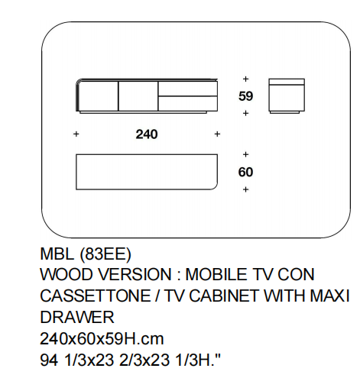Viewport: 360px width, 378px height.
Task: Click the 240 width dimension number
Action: pos(147,134)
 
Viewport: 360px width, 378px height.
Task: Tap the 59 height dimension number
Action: pos(245,96)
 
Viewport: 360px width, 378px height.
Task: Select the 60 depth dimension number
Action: pos(245,172)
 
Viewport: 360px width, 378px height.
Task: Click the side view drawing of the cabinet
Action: pos(287,95)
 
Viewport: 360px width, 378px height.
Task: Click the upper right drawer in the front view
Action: pos(188,89)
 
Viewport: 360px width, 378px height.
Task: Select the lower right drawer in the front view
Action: pos(188,103)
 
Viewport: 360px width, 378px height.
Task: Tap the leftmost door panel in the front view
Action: pos(99,96)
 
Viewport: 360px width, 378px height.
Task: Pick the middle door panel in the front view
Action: pos(138,96)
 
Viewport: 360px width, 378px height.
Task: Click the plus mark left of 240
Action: pos(76,134)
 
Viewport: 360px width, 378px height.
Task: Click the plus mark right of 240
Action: pos(217,134)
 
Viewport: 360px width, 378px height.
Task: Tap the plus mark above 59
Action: pos(245,79)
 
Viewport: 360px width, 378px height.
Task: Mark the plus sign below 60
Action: pos(245,189)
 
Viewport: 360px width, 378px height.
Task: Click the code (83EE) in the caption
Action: pos(105,254)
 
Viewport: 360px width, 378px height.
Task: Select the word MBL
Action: pos(57,254)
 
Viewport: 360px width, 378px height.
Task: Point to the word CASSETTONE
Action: pos(96,296)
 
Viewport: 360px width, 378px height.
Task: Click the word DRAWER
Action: pos(77,318)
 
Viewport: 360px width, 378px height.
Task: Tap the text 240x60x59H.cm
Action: pos(102,339)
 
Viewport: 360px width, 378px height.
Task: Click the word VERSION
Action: pos(135,275)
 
